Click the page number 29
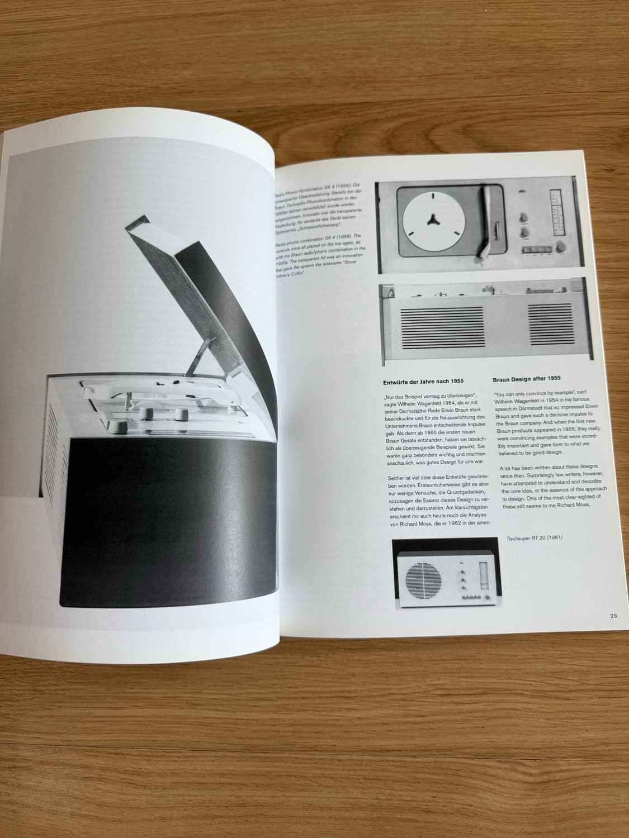(x=613, y=616)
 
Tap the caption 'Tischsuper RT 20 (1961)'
(x=533, y=538)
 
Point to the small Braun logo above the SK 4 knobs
(x=522, y=193)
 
